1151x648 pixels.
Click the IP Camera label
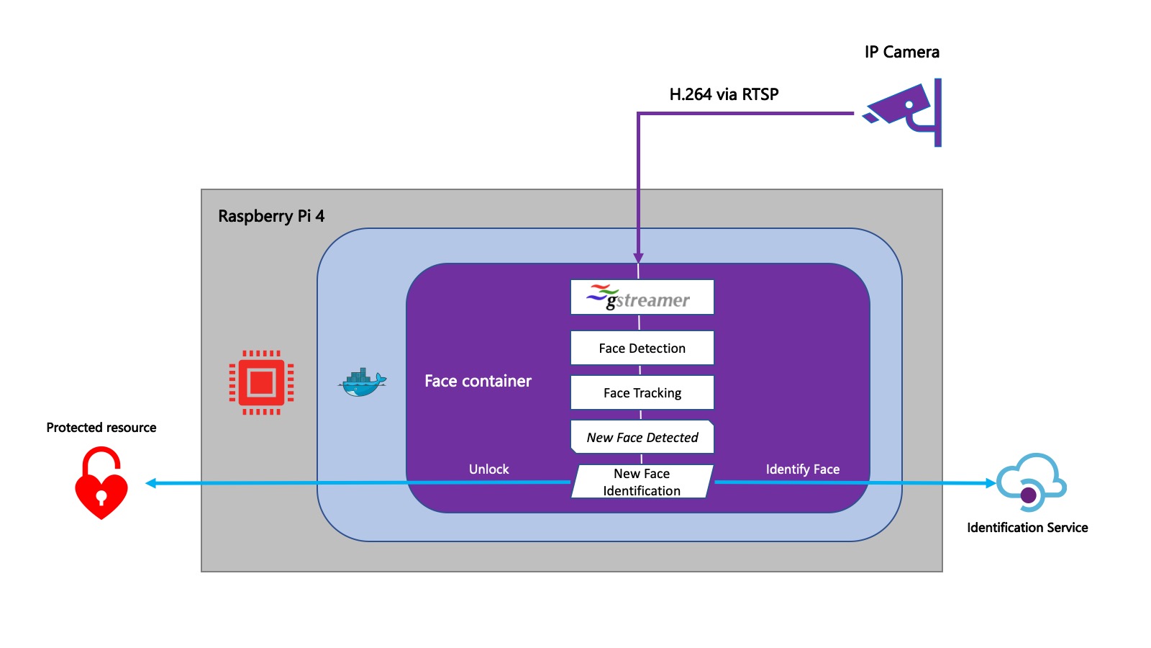[x=901, y=52]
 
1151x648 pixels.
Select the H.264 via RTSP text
[x=724, y=94]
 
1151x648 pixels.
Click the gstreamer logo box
[x=642, y=297]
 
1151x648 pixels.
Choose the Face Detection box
[x=642, y=348]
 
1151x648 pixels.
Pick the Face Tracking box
[x=642, y=393]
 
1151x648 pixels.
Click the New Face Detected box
[x=642, y=437]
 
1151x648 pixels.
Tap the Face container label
[x=478, y=381]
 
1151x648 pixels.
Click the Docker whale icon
[x=362, y=383]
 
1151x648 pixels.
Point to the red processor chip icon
[x=261, y=382]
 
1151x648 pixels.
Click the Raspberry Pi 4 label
[x=271, y=216]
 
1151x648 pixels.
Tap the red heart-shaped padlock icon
[x=101, y=483]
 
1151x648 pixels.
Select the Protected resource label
[x=101, y=428]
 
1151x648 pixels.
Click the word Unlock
[x=488, y=469]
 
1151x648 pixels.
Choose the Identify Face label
[x=802, y=469]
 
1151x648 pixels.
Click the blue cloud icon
[x=1031, y=481]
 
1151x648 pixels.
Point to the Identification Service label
[x=1027, y=528]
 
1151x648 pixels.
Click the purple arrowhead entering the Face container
[x=638, y=258]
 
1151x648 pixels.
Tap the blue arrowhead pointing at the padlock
[x=151, y=483]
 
